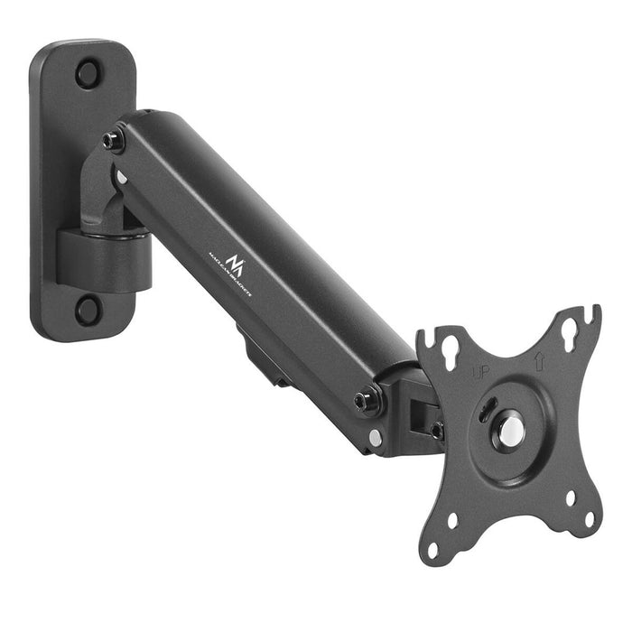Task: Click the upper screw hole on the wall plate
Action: coord(88,73)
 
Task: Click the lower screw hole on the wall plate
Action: coord(88,310)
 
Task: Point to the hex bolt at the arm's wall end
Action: coord(114,141)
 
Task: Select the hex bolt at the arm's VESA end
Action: coord(367,402)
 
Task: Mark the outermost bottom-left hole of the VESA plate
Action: coord(433,548)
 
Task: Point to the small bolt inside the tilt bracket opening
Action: coord(437,431)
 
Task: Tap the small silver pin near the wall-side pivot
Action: coord(120,177)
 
